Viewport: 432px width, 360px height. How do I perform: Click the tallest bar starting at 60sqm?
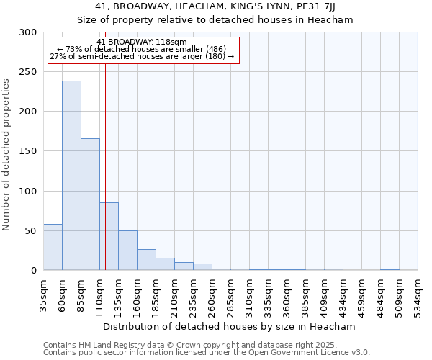(71, 176)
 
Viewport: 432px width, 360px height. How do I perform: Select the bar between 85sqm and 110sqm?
(90, 204)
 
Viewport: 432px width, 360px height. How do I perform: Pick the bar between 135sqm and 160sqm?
(127, 251)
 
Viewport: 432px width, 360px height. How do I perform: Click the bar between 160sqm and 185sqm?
(146, 260)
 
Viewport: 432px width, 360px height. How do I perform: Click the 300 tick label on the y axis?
(27, 32)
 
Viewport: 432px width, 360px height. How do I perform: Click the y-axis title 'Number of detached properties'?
(6, 154)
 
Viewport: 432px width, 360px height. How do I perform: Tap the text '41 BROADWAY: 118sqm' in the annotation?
(142, 42)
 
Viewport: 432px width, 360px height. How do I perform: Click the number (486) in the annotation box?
(215, 49)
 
